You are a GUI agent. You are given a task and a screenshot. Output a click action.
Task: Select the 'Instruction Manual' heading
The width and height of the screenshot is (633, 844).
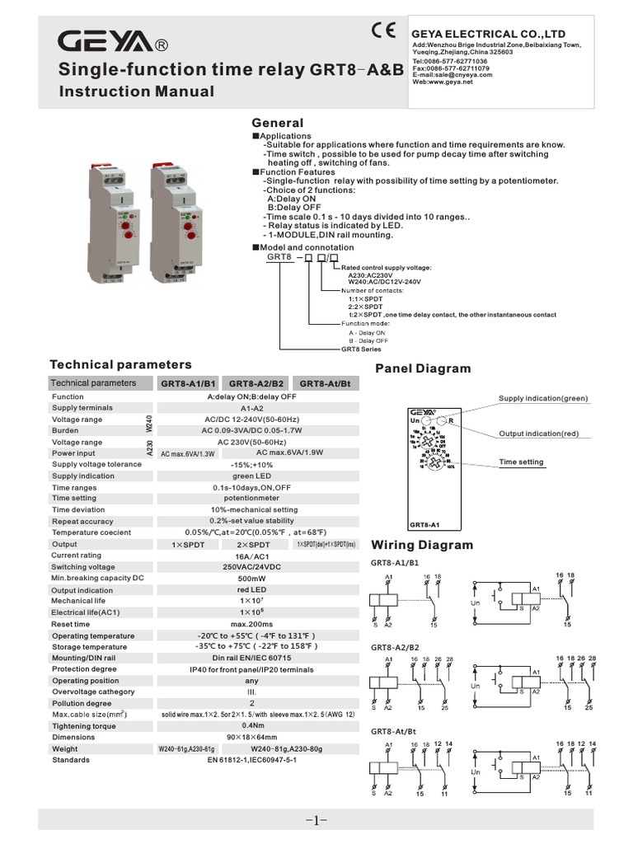tap(136, 91)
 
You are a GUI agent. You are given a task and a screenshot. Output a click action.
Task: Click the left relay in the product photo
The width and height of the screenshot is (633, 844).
tap(117, 223)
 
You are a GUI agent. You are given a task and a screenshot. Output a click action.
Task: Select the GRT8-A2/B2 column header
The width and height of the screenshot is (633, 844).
tap(256, 383)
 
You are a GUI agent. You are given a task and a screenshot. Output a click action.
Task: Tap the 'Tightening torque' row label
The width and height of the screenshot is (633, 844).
tap(85, 725)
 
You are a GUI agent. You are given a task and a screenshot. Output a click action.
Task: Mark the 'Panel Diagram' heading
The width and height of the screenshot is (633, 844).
tap(423, 368)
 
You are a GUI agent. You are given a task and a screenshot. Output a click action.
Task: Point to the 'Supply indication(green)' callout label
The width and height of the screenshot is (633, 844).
tap(543, 399)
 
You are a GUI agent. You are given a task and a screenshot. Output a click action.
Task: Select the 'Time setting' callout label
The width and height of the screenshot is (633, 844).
tap(521, 462)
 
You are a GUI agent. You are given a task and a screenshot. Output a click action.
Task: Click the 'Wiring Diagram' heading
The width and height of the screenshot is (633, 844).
tap(422, 545)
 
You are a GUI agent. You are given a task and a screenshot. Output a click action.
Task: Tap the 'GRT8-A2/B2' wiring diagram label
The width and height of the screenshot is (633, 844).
tap(395, 648)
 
